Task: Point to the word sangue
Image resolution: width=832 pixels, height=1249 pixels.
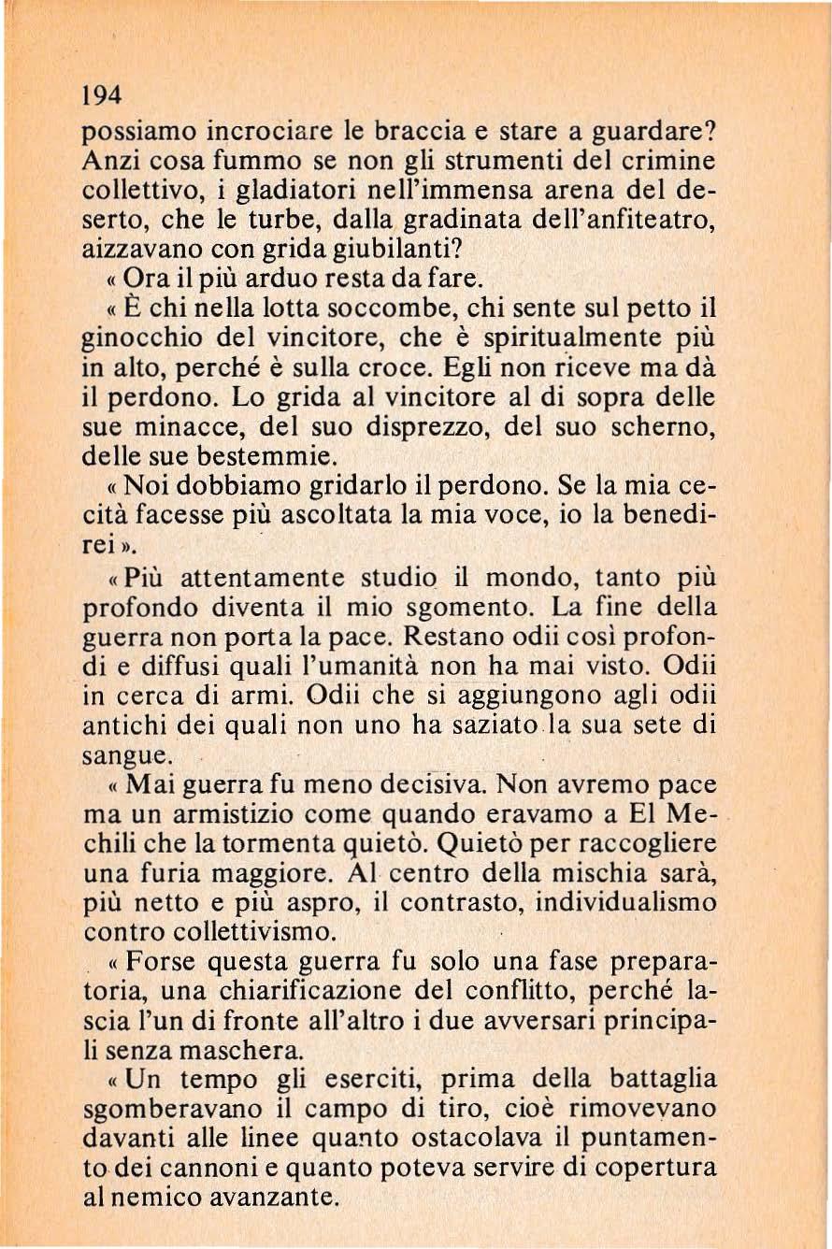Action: click(x=127, y=755)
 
